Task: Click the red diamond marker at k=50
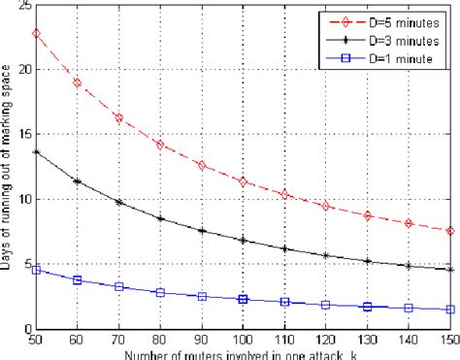coord(37,33)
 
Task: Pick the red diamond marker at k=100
coord(245,181)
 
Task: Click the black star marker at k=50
coord(37,152)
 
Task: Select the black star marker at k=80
coord(161,219)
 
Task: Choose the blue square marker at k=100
coord(245,299)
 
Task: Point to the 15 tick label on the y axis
coord(21,135)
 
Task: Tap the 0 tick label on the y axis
coord(26,329)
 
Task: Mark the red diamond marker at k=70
coord(119,117)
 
